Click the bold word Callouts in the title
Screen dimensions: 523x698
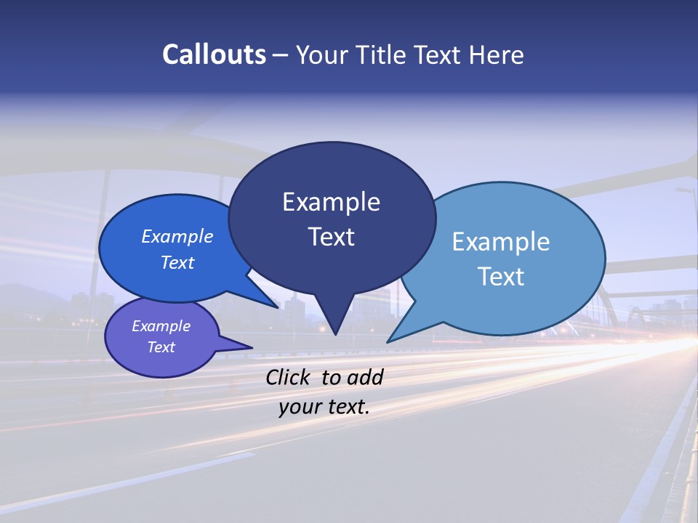214,54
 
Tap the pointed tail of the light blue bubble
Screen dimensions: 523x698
390,340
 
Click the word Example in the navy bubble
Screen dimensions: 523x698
331,202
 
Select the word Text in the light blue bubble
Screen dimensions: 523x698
501,277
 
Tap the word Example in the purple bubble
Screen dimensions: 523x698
161,326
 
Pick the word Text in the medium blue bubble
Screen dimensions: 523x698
177,262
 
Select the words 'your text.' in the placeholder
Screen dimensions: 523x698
324,407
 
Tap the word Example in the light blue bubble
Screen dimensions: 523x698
501,242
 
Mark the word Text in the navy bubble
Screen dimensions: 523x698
332,237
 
